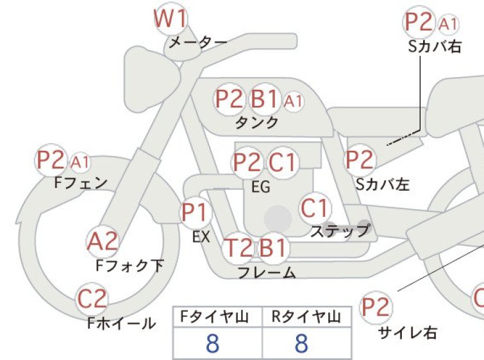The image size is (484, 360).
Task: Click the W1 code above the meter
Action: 171,19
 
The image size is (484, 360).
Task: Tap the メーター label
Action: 198,42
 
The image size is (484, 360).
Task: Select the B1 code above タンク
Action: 263,99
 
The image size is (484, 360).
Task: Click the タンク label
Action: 257,123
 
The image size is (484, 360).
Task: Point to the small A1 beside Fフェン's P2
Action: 79,162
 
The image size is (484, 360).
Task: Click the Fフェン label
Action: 81,183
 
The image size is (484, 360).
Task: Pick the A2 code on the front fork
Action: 102,241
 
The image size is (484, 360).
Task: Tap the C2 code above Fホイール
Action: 92,298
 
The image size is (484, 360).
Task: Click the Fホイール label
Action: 121,323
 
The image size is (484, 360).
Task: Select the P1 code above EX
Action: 195,212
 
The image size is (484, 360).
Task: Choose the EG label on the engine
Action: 261,187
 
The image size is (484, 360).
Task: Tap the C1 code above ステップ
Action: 315,208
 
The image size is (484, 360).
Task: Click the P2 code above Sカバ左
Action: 360,160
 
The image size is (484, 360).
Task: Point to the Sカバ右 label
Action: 435,47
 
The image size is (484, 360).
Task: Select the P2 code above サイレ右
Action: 376,307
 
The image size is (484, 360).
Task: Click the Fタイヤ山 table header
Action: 215,317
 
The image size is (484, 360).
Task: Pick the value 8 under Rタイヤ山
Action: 301,343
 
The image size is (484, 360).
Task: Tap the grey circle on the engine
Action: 278,219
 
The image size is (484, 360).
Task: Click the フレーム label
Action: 267,273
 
